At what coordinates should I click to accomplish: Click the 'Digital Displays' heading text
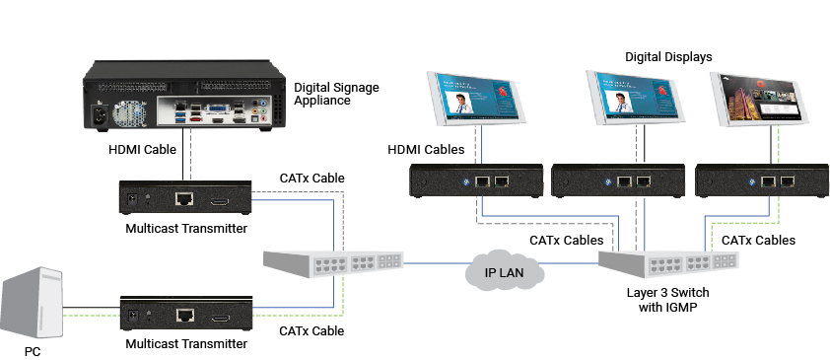[668, 56]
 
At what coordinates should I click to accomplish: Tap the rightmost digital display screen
[763, 100]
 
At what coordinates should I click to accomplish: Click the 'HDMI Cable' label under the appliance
[142, 151]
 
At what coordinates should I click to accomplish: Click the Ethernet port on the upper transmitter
[184, 200]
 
